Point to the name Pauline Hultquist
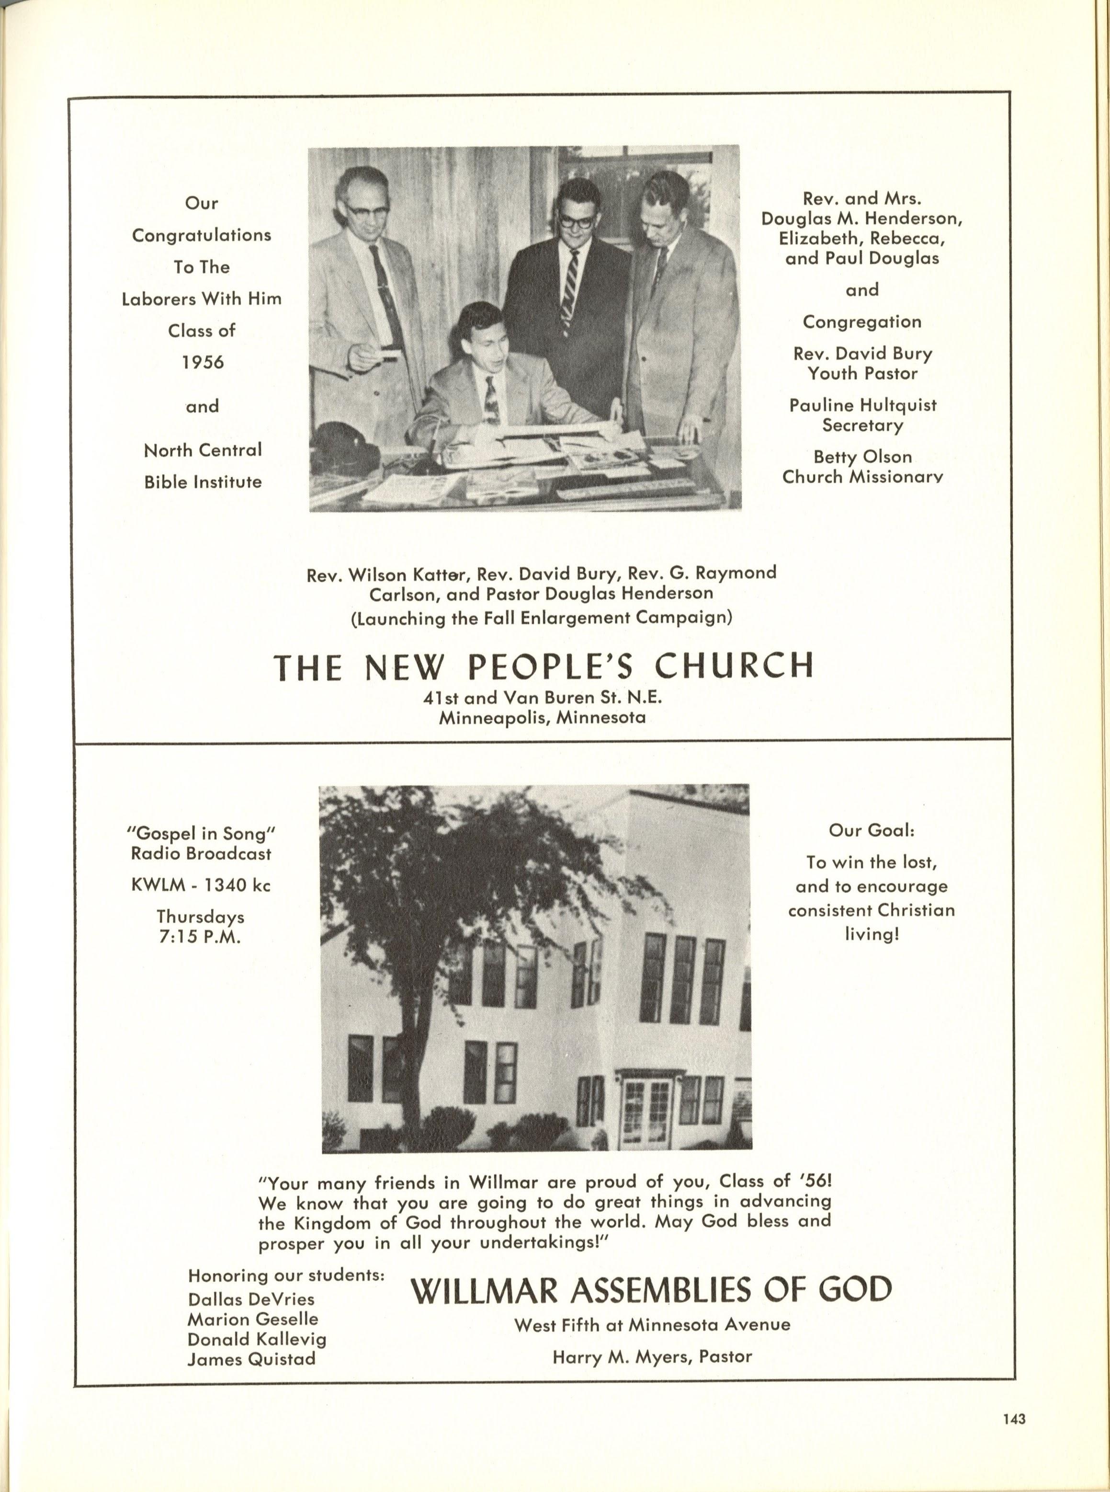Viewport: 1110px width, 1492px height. pos(863,405)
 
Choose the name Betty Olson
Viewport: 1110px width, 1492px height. pos(863,457)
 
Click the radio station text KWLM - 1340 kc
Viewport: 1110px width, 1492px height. pos(201,885)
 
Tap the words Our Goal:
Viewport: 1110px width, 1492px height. pos(872,830)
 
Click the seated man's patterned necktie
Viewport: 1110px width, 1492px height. pos(491,400)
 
